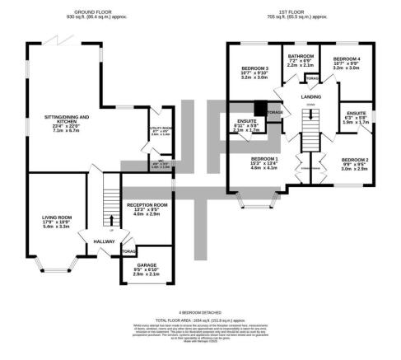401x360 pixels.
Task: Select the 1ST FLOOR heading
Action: click(x=291, y=12)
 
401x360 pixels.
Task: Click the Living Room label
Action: click(x=59, y=217)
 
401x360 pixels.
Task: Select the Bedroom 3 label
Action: click(x=255, y=68)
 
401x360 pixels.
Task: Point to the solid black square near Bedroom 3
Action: click(x=260, y=107)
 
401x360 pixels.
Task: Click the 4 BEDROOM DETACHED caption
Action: click(x=200, y=311)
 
